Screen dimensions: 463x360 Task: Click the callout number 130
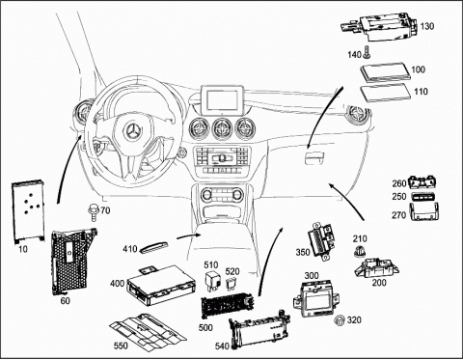427,26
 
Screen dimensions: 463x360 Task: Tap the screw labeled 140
367,53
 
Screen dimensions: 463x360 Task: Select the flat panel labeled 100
386,72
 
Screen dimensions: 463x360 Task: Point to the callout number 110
421,92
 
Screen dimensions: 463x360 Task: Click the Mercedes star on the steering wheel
133,131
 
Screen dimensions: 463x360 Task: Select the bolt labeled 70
94,212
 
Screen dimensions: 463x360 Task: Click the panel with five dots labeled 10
28,211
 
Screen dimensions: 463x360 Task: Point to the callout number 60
66,301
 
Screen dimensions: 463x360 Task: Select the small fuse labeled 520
231,284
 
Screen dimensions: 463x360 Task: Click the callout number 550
121,346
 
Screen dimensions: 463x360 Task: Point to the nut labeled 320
339,320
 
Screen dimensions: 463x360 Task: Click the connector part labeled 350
323,240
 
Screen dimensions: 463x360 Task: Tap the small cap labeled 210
359,251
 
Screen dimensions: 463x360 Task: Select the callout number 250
399,196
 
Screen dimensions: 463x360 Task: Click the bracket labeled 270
424,212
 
